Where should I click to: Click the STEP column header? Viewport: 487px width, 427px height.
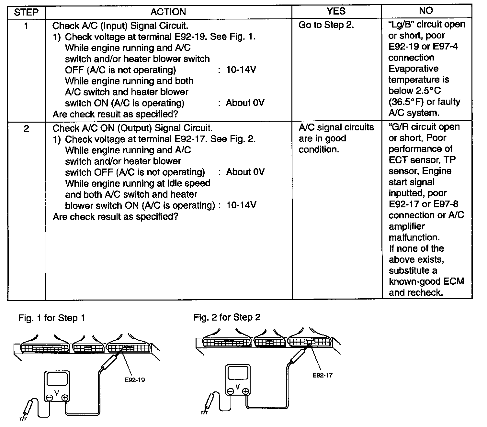(x=26, y=12)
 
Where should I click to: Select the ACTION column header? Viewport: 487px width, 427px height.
(x=168, y=12)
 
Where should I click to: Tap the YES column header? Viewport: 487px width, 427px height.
(x=336, y=12)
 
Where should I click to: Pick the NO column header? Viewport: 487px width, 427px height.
(x=426, y=11)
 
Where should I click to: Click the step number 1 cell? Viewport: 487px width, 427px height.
(x=26, y=26)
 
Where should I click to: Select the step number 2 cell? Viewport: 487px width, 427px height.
(x=26, y=128)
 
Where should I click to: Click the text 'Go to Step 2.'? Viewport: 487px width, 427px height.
(x=326, y=25)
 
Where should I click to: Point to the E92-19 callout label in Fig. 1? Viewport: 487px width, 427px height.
(x=135, y=380)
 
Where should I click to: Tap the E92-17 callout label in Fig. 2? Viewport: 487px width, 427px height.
(x=323, y=375)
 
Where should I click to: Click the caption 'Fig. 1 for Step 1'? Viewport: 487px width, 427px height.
(x=51, y=318)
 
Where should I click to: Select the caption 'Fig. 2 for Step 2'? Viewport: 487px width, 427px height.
(x=227, y=317)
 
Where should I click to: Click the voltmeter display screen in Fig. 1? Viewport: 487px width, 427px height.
(x=57, y=381)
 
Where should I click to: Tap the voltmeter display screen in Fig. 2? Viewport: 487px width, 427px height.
(x=238, y=373)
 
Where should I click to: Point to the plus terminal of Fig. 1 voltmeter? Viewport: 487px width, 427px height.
(x=65, y=398)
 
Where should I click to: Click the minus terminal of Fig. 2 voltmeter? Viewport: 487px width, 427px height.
(x=231, y=392)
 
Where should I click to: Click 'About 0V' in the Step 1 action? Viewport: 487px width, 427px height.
(x=245, y=103)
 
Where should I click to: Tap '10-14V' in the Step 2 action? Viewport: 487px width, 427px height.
(x=241, y=205)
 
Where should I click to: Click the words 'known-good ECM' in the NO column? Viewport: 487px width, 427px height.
(x=426, y=281)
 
